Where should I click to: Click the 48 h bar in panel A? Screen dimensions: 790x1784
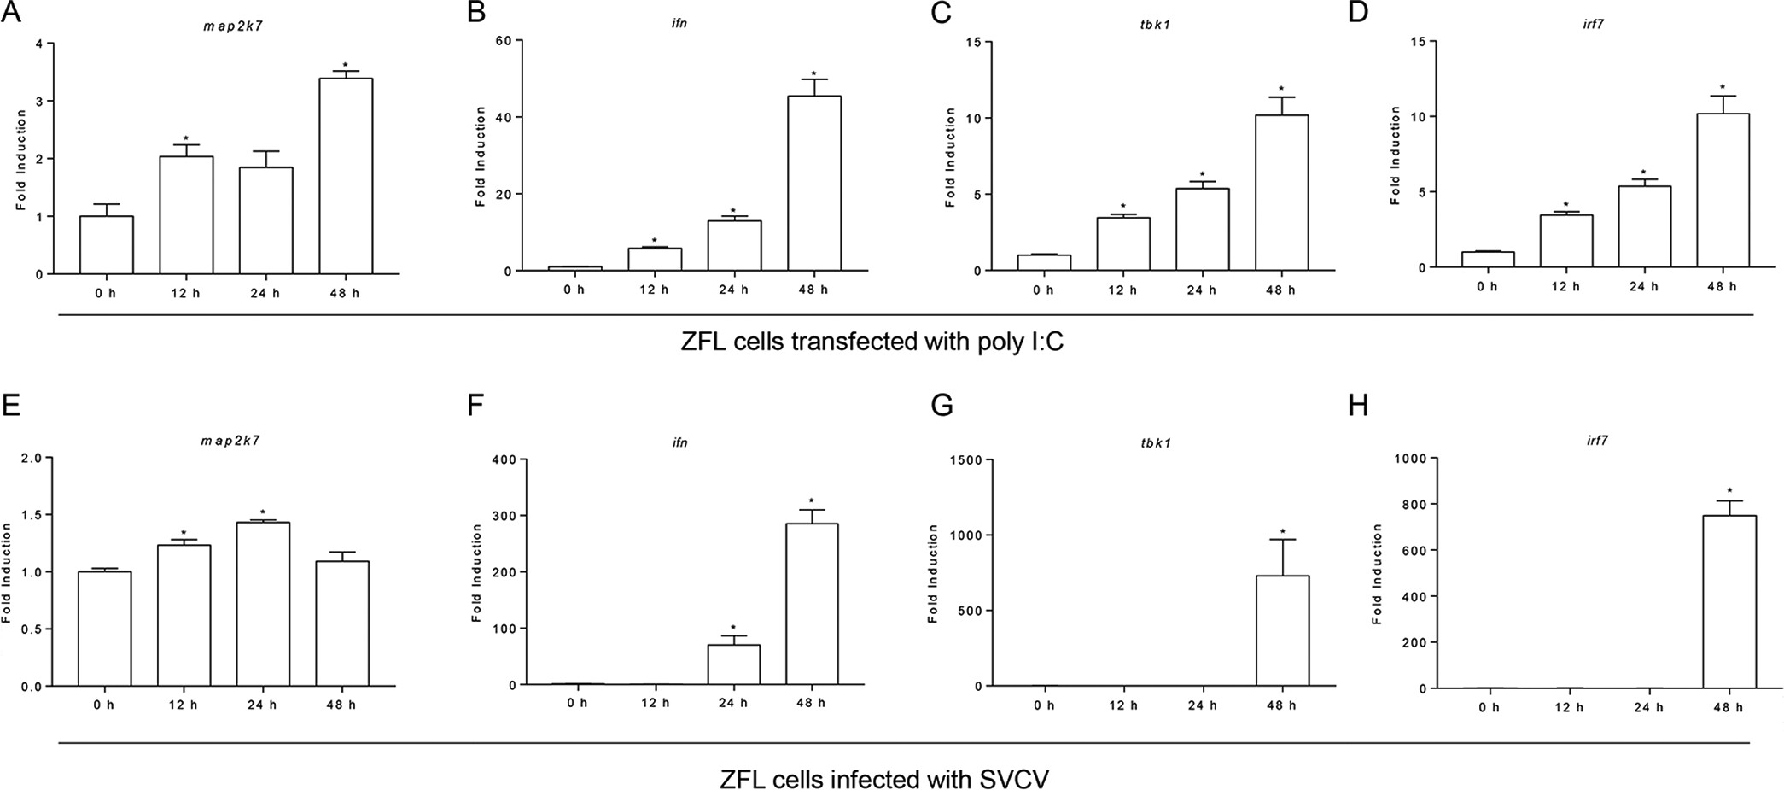point(346,176)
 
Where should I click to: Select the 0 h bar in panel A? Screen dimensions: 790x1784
point(107,245)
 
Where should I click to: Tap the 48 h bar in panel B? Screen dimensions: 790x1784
point(814,184)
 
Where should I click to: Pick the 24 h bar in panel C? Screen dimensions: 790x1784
point(1202,230)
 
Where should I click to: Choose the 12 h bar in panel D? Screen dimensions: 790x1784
point(1566,241)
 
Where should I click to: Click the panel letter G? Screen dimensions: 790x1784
point(942,405)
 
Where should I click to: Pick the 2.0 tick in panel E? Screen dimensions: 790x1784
point(32,458)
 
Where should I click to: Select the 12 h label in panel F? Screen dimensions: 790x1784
point(655,704)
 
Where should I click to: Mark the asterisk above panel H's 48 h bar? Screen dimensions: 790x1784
point(1729,491)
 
